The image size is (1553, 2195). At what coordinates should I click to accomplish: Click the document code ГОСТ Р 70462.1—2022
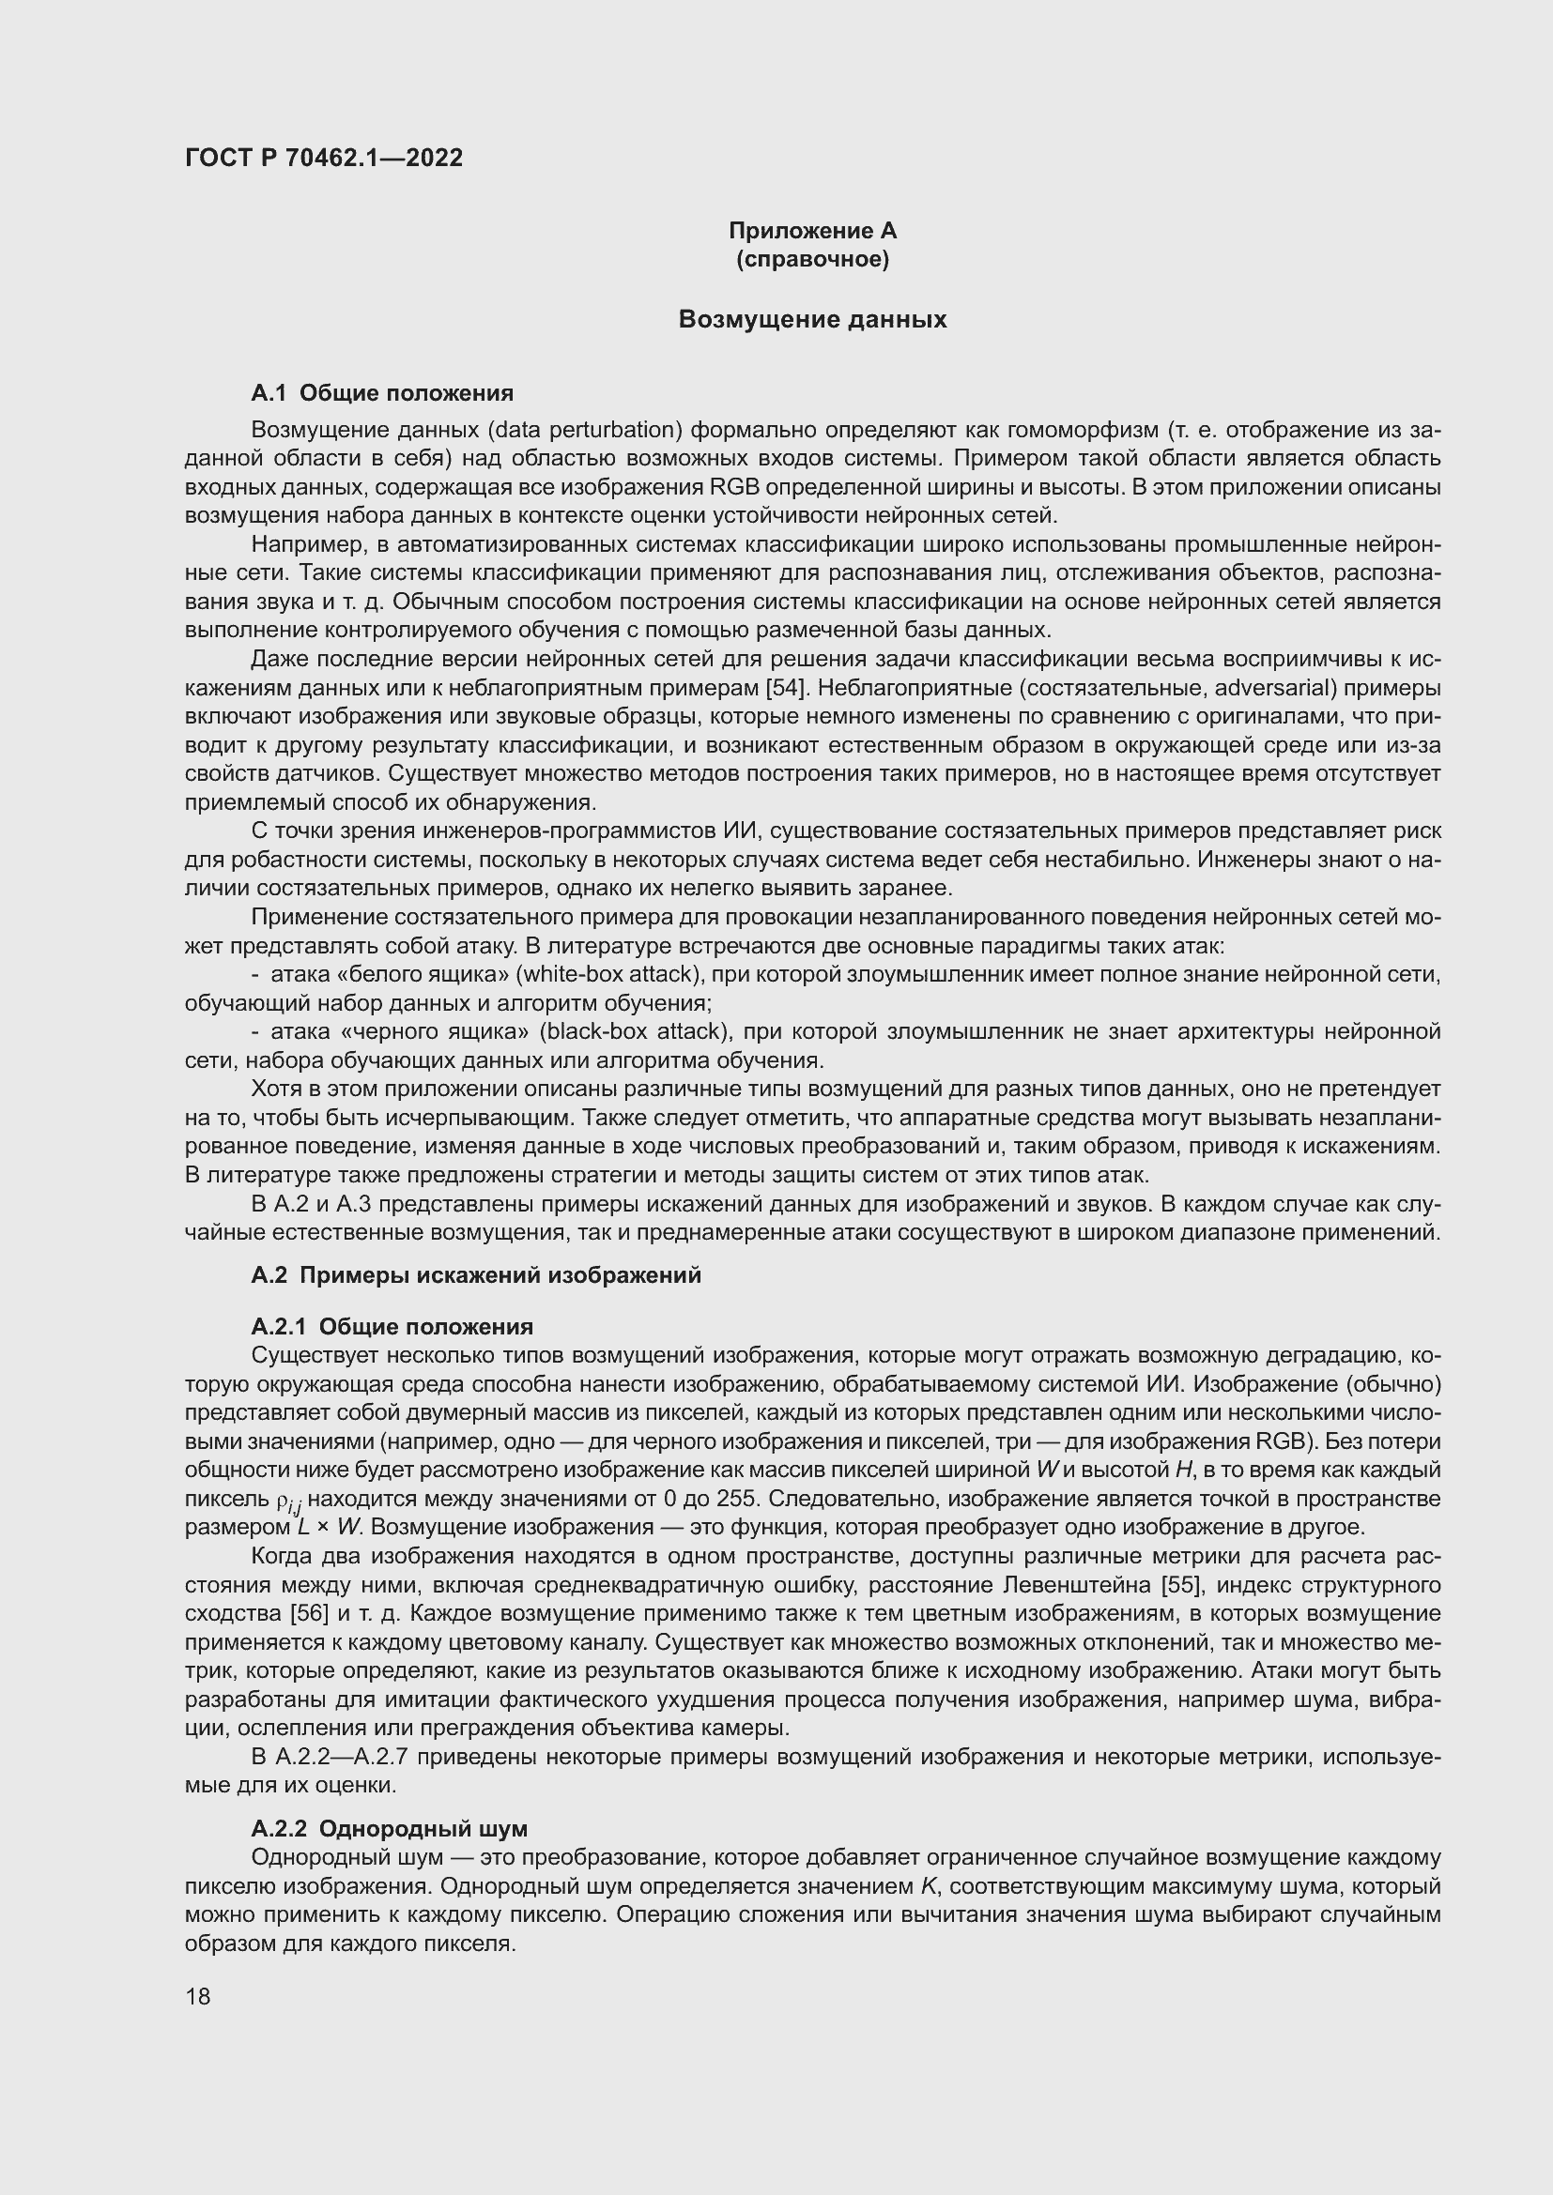pos(323,158)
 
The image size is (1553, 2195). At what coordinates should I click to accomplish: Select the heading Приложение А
pos(813,231)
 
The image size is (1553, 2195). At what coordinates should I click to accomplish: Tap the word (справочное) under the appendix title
pos(813,259)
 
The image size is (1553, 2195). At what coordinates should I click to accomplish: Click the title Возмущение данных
pos(813,319)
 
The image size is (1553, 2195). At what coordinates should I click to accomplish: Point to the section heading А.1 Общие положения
pos(381,393)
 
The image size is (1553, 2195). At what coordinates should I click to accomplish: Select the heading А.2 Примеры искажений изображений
pos(475,1275)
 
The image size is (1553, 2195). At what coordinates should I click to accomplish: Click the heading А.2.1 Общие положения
pos(392,1327)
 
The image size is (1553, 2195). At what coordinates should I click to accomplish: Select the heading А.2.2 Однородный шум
pos(389,1830)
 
